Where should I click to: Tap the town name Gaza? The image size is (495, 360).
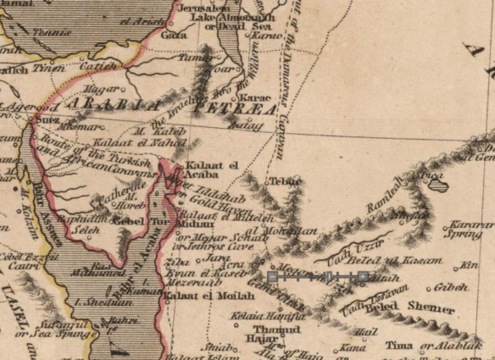coord(174,36)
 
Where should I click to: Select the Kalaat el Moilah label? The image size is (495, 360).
coord(197,297)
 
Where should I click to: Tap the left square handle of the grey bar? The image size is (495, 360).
coord(271,277)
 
